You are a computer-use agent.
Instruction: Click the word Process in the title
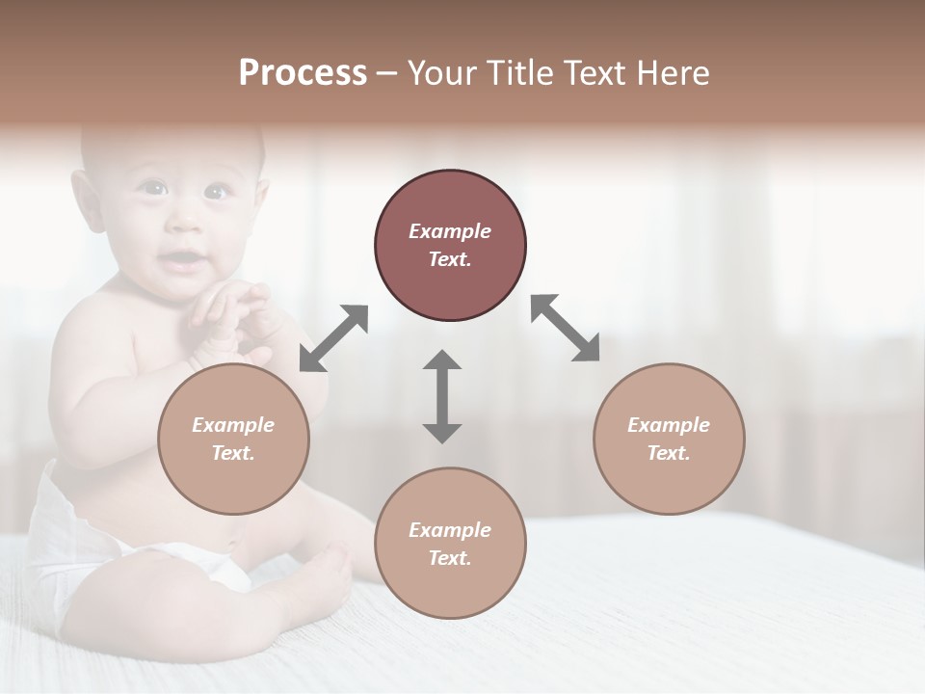tap(303, 73)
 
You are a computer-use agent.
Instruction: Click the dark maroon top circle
tap(450, 245)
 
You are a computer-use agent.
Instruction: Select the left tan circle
tap(233, 439)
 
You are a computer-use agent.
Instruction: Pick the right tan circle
tap(669, 439)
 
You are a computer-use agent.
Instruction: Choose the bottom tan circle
tap(450, 544)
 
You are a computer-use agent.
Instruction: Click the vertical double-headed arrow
tap(442, 397)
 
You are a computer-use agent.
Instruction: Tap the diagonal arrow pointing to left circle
tap(333, 338)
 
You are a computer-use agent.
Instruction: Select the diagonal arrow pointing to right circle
tap(566, 328)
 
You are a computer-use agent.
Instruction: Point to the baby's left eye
tap(215, 192)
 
